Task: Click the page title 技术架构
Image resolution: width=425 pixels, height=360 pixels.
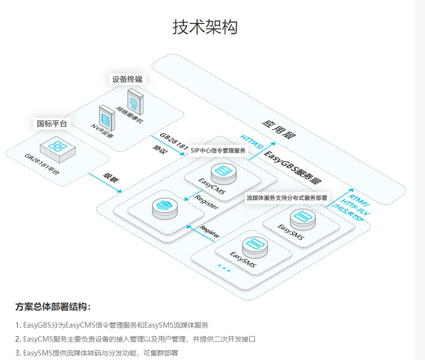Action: [x=205, y=27]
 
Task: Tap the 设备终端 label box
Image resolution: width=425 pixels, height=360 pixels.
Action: [x=127, y=79]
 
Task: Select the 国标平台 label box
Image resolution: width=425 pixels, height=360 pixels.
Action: [x=52, y=123]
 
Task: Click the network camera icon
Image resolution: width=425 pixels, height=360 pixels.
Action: [x=134, y=101]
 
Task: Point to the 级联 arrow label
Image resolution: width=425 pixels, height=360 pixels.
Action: [x=111, y=178]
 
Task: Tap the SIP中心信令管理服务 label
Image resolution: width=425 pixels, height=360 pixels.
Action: [x=218, y=150]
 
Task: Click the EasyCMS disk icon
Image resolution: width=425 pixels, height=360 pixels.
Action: [x=223, y=172]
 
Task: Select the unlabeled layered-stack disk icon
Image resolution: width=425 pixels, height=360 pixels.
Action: [x=165, y=208]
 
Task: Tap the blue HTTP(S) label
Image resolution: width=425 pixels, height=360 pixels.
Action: [x=252, y=141]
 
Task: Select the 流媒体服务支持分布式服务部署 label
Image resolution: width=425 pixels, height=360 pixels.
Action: [x=286, y=198]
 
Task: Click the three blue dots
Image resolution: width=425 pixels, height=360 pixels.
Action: [x=224, y=269]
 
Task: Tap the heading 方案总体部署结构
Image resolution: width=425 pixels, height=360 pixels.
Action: [x=53, y=306]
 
